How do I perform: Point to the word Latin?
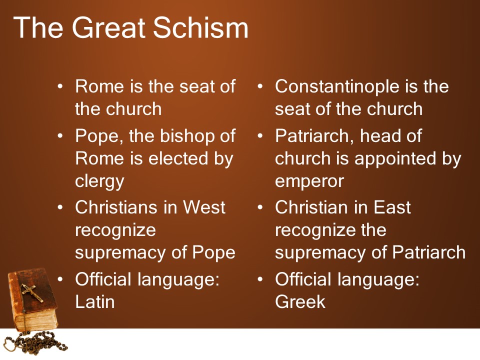pos(94,301)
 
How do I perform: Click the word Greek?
pos(300,301)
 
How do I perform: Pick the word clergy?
pos(99,181)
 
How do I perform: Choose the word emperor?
pos(309,181)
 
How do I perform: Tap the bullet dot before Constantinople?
pos(260,87)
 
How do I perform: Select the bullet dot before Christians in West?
pos(60,207)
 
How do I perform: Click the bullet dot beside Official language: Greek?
pos(260,279)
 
